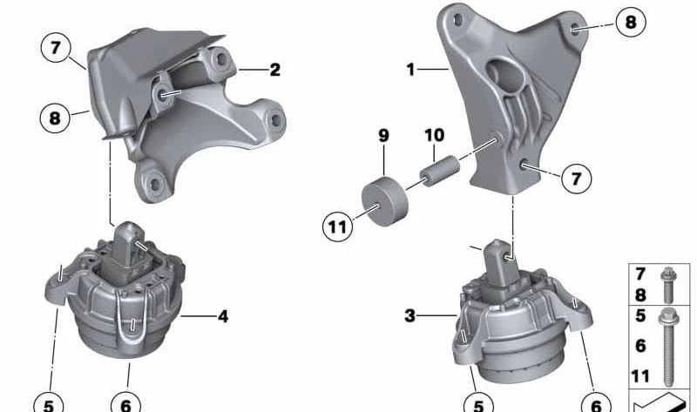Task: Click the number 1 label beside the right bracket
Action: [410, 70]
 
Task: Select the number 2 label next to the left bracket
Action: [275, 70]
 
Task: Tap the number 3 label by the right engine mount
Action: [409, 316]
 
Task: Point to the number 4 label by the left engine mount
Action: [223, 316]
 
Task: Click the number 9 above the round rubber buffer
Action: [383, 135]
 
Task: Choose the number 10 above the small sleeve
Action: [434, 135]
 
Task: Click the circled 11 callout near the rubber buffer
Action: [337, 227]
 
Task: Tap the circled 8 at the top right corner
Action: [631, 22]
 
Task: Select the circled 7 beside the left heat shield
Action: [56, 47]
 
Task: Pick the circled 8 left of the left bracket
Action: [55, 118]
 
